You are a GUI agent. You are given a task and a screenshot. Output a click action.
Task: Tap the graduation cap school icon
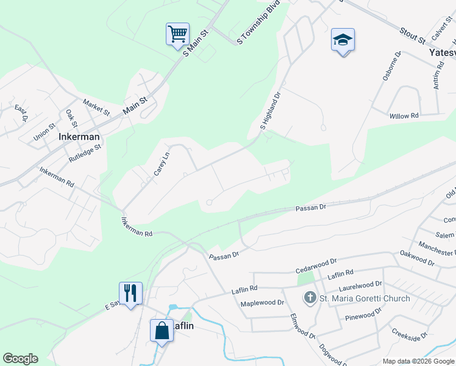pos(343,40)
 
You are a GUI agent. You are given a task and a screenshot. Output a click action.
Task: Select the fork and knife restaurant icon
pos(130,293)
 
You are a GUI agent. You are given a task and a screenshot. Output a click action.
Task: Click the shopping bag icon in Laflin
pos(162,331)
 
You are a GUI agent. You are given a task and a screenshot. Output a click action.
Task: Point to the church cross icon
pos(310,298)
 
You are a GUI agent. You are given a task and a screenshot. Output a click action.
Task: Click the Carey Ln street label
pos(160,163)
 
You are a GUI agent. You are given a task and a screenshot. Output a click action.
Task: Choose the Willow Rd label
pos(404,115)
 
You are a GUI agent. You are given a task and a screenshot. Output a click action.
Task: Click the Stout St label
pos(412,35)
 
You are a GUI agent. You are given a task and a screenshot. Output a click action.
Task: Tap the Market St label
pos(96,108)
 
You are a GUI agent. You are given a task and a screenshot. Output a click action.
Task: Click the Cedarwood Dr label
pos(316,265)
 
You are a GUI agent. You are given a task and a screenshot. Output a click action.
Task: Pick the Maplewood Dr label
pos(263,303)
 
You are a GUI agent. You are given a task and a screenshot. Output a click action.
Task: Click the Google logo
pos(20,359)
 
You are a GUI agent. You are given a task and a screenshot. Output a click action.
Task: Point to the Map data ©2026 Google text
pos(418,361)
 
